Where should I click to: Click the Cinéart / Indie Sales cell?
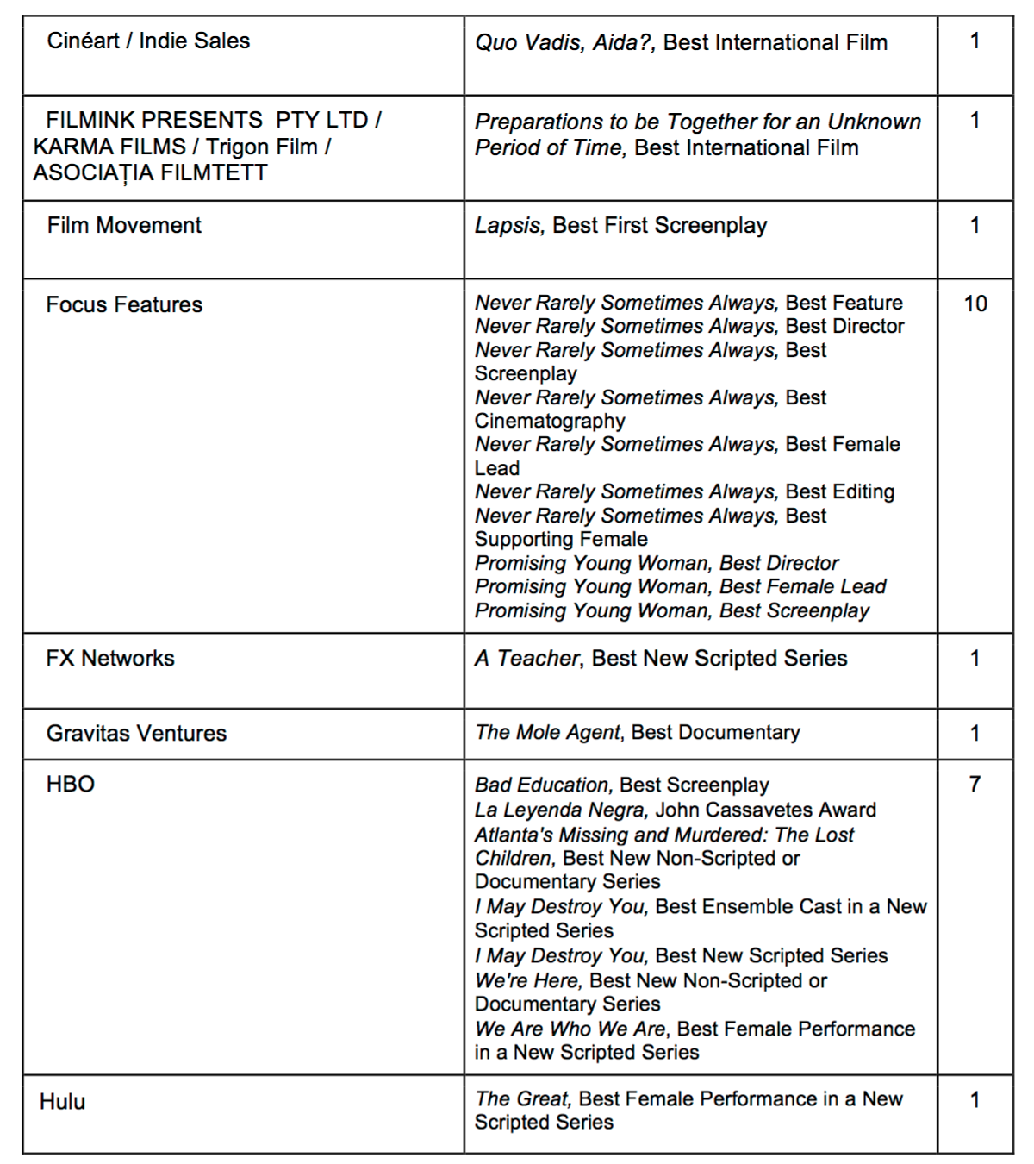tap(148, 41)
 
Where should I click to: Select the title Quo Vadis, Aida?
tap(565, 43)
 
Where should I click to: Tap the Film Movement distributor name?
tap(124, 226)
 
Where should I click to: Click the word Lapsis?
tap(508, 226)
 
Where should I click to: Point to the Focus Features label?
tap(124, 305)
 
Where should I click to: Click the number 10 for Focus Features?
tap(975, 304)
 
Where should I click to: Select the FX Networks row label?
tap(110, 659)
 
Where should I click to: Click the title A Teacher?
tap(527, 659)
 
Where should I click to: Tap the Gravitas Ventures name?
tap(136, 734)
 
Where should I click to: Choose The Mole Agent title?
tap(547, 733)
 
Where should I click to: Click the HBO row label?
tap(71, 785)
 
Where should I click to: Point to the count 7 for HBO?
tap(975, 785)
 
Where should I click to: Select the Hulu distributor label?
tap(63, 1102)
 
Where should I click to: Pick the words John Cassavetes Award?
tap(766, 810)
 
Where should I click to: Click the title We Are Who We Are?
tap(570, 1029)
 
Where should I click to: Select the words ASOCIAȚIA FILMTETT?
tap(151, 173)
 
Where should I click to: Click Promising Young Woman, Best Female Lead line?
tap(681, 587)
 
